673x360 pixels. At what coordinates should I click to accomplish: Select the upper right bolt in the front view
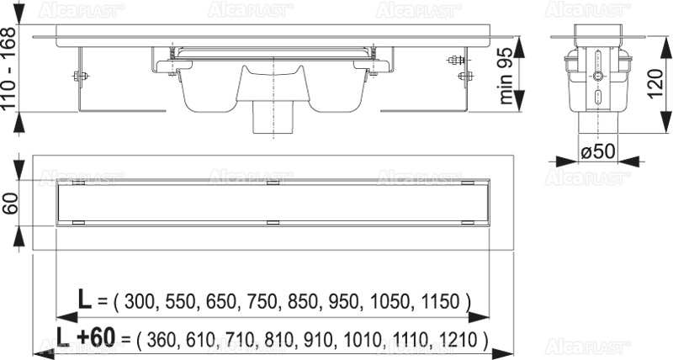(x=458, y=61)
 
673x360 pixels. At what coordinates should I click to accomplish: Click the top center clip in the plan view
(x=271, y=182)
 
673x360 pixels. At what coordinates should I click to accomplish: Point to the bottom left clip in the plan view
(x=77, y=223)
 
